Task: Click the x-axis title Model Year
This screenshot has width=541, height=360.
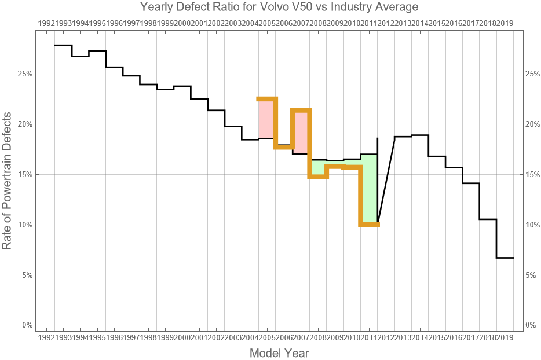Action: point(279,353)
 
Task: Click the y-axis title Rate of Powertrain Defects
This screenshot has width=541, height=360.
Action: point(7,181)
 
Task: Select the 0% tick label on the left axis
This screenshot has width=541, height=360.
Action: point(26,325)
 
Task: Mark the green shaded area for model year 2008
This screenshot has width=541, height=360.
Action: point(318,167)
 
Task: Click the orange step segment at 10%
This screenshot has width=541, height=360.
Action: point(369,225)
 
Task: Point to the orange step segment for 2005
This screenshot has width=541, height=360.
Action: point(267,99)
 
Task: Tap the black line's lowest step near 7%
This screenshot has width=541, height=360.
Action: point(505,258)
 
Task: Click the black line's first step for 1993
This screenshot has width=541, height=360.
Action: point(63,45)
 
